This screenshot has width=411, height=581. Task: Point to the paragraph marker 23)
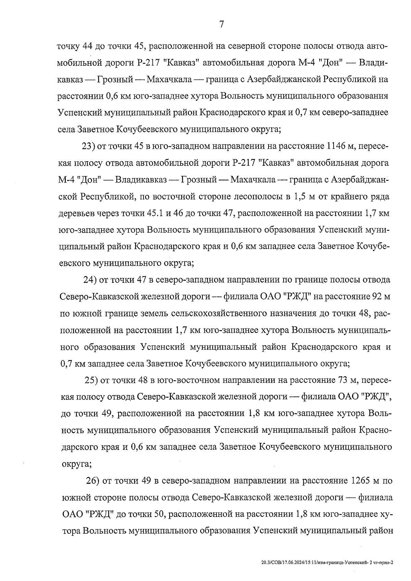[88, 147]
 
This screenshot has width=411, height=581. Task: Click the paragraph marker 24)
[90, 280]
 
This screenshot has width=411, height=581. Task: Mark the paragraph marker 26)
[92, 481]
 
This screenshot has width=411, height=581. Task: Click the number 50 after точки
[161, 514]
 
